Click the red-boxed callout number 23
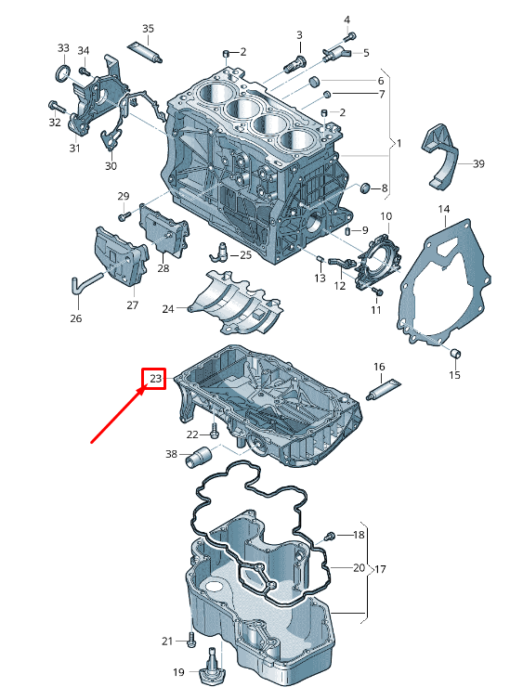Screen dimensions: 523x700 (155, 379)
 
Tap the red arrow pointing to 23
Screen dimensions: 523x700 (118, 415)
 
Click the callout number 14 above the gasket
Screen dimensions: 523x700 (443, 209)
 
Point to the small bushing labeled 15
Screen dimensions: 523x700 (455, 354)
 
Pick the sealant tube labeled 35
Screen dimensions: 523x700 (144, 52)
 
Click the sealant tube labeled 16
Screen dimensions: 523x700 (384, 389)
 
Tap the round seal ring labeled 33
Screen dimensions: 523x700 (63, 73)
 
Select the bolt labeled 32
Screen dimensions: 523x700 (57, 107)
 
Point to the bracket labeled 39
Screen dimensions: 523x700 (441, 156)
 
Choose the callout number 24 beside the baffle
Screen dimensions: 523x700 (168, 309)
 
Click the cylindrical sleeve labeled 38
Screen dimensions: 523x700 (198, 455)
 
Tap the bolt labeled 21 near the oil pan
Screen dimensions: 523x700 (191, 640)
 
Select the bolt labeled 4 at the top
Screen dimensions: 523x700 (350, 35)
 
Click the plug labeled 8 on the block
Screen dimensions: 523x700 (366, 188)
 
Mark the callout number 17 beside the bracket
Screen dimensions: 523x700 (380, 569)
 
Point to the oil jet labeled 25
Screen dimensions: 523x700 (219, 252)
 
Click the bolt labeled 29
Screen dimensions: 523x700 (124, 216)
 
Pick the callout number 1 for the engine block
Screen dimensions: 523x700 (399, 143)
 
